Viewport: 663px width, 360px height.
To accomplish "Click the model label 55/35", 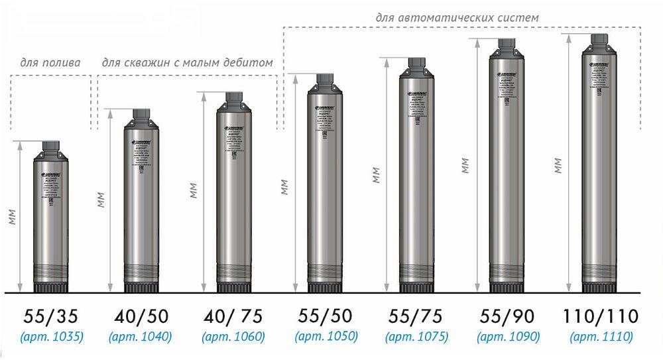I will point(51,316).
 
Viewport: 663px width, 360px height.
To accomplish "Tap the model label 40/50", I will point(142,316).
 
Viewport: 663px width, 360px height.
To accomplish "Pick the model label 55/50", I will point(326,316).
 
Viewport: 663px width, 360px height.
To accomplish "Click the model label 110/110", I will point(600,316).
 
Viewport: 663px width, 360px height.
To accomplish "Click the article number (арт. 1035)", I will point(51,337).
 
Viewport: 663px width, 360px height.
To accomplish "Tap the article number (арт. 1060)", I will point(235,337).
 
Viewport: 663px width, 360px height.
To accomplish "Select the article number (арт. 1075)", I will point(418,337).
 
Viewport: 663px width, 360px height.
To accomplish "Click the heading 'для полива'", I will point(50,64).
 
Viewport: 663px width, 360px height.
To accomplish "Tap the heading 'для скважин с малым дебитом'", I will point(187,64).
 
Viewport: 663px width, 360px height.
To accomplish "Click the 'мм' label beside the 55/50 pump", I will point(284,187).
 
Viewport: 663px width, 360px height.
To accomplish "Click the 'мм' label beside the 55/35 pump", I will point(13,217).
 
